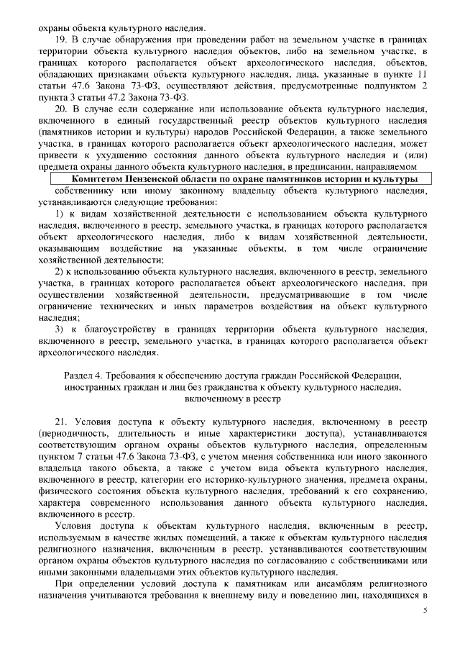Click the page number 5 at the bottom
pyautogui.click(x=425, y=610)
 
